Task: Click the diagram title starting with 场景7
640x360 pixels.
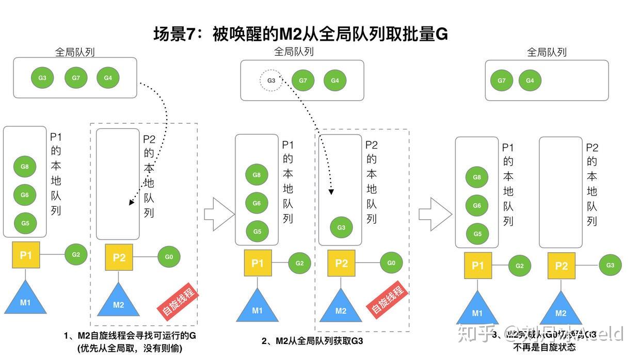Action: tap(300, 34)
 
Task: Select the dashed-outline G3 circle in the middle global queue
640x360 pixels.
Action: tap(271, 80)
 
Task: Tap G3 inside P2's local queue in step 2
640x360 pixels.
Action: tap(341, 227)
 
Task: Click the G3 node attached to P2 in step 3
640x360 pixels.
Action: tap(610, 265)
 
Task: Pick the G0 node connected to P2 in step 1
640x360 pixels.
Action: tap(169, 256)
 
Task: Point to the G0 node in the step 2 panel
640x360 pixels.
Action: tap(391, 263)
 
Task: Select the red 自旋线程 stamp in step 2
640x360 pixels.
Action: tap(387, 300)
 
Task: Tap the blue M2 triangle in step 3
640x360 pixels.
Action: tap(561, 309)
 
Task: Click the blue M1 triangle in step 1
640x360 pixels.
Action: tap(25, 299)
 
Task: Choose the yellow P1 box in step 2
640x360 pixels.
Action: tap(258, 264)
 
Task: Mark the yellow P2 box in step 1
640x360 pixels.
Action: tap(119, 257)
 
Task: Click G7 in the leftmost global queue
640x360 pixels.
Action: tap(76, 78)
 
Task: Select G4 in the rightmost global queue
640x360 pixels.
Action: tap(530, 80)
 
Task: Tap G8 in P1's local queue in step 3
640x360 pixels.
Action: tap(477, 177)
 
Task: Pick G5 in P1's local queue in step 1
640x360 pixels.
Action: tap(25, 223)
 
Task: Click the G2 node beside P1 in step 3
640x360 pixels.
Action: tap(519, 266)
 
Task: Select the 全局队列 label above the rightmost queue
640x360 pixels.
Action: tap(547, 52)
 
